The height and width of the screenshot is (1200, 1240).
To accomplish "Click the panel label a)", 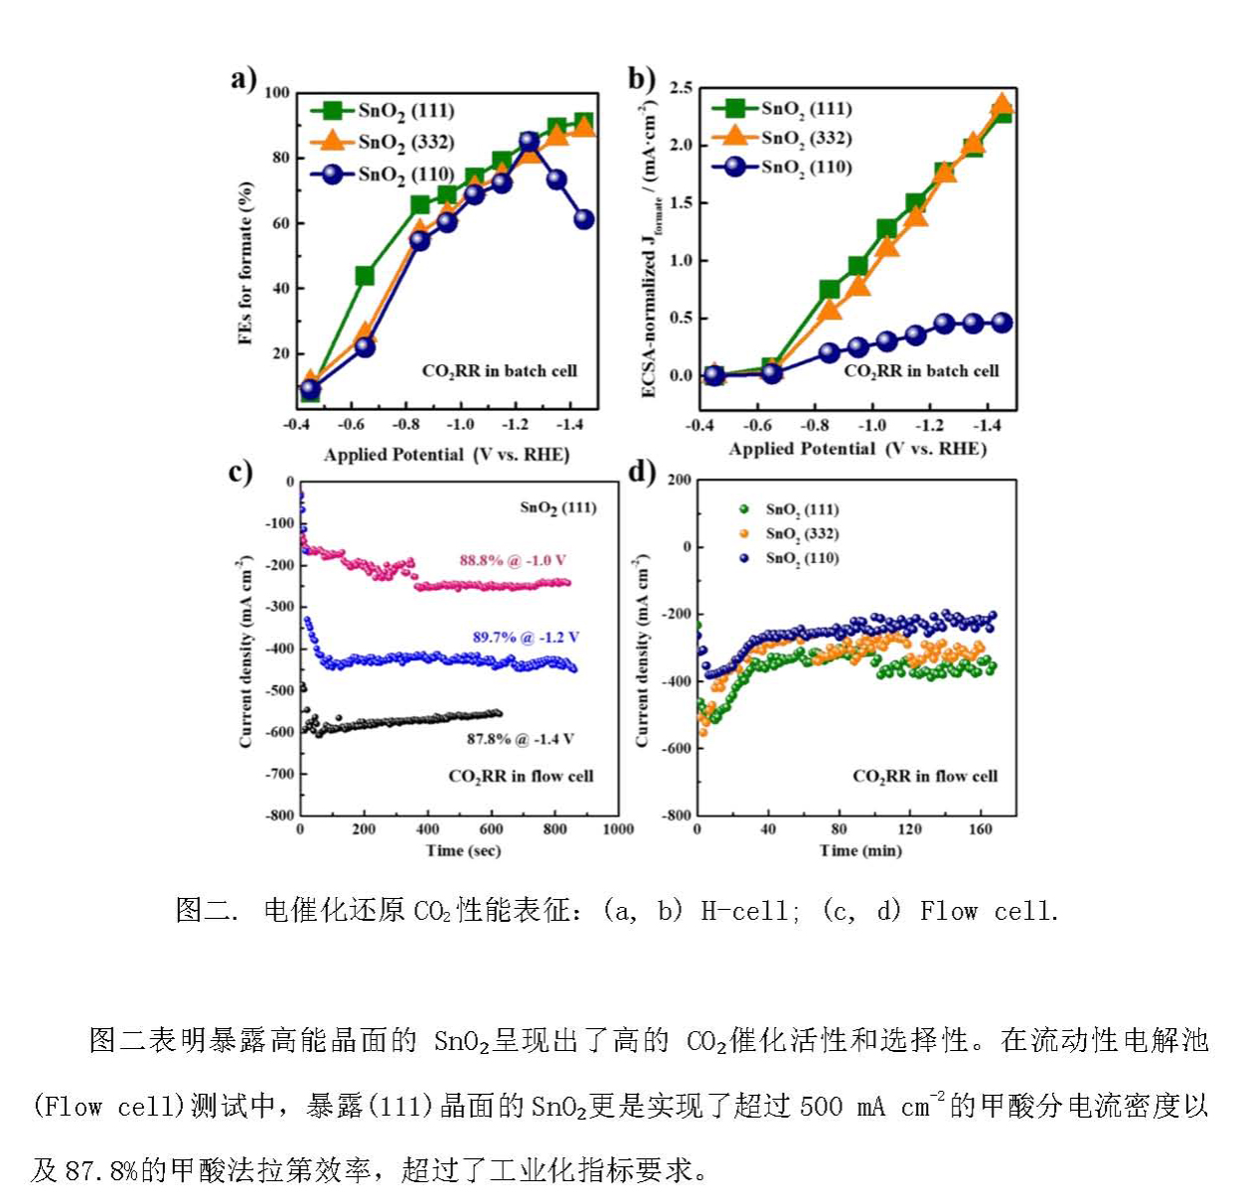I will (x=243, y=78).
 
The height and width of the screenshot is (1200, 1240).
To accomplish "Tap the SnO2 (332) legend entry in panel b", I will (x=805, y=138).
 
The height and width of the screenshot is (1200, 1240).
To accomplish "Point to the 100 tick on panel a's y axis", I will (x=277, y=93).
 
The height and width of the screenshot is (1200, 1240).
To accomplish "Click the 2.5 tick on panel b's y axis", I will (x=680, y=89).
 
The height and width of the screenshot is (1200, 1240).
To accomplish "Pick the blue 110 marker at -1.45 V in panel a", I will (x=584, y=219).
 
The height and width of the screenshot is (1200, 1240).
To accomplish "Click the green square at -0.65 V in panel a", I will (x=365, y=276).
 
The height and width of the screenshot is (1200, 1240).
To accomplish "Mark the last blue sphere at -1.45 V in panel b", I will (x=1002, y=322).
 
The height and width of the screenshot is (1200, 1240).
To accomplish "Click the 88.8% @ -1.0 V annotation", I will (x=512, y=561).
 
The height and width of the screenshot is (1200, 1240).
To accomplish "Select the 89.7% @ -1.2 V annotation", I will (x=526, y=637).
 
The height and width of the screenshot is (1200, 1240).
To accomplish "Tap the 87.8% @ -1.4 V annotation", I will (x=520, y=739).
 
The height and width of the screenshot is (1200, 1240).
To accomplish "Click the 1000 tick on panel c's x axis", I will (x=618, y=829).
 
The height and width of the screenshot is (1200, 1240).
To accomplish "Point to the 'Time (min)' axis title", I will (x=860, y=851).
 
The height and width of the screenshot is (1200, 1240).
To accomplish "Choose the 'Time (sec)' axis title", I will (x=463, y=851).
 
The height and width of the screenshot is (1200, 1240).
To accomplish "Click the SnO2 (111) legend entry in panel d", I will (x=801, y=510).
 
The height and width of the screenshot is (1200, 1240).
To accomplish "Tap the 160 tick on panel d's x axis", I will (x=980, y=829).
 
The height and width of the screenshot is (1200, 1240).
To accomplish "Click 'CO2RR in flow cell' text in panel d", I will (x=924, y=776).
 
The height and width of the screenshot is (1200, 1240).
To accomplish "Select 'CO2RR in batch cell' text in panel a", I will (x=500, y=371).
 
